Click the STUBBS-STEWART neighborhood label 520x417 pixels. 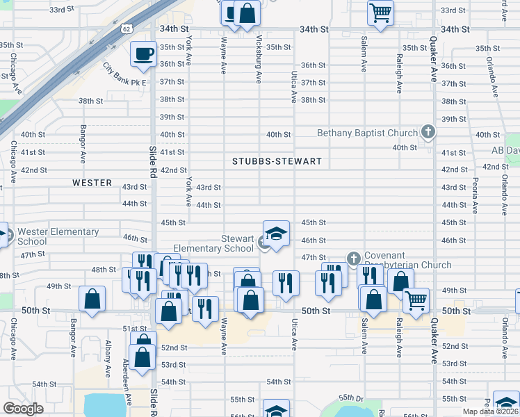(x=277, y=161)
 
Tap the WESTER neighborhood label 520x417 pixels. (x=92, y=183)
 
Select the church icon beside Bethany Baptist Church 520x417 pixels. (x=428, y=132)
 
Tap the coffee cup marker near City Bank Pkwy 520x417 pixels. (x=144, y=54)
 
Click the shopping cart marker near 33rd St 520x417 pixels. (x=380, y=12)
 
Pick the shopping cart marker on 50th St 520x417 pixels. (x=416, y=300)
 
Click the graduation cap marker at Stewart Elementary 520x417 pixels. (x=276, y=233)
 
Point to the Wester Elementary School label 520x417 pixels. (x=58, y=236)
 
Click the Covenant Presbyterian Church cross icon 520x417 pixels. (x=353, y=259)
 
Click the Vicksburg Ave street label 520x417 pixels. (x=259, y=58)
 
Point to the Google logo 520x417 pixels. (x=23, y=409)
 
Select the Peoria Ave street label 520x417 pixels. (x=475, y=194)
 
